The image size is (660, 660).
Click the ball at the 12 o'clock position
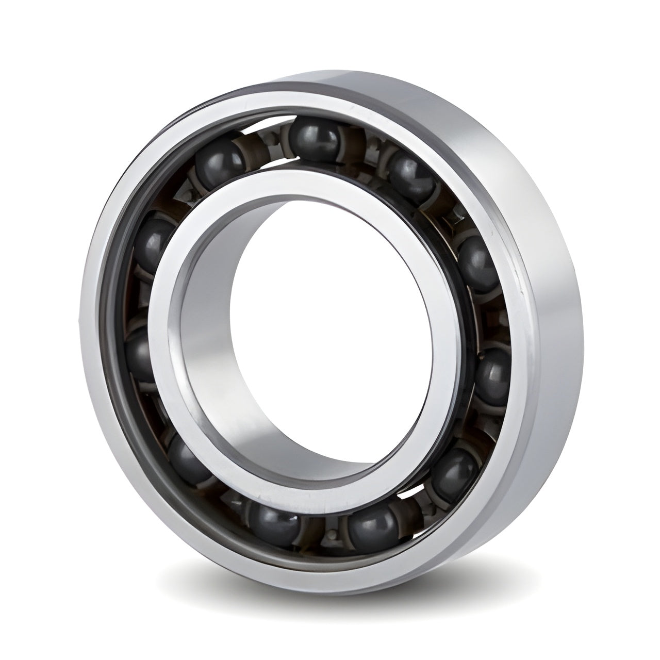(x=313, y=138)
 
